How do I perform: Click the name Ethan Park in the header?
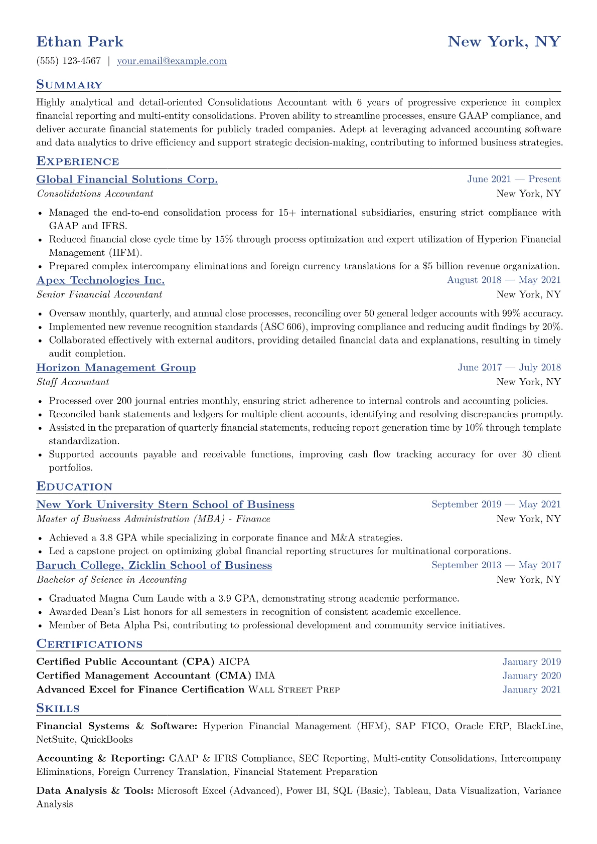(x=80, y=42)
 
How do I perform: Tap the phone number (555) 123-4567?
(x=69, y=61)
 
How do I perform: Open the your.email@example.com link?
(x=172, y=61)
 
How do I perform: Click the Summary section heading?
(x=69, y=85)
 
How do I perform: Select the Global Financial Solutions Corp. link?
(x=127, y=180)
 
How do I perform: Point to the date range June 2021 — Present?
(x=514, y=180)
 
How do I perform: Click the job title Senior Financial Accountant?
(x=99, y=294)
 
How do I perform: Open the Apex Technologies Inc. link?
(x=100, y=280)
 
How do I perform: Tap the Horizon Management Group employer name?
(x=116, y=368)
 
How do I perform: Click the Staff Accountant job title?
(x=73, y=382)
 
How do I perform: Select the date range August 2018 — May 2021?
(x=504, y=280)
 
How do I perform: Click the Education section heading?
(x=74, y=487)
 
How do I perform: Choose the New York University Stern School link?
(x=165, y=505)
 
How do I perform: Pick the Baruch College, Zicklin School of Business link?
(x=154, y=566)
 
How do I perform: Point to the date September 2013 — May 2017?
(x=496, y=566)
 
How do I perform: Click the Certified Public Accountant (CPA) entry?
(x=125, y=662)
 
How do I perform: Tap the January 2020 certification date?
(x=531, y=676)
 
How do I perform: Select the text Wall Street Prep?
(x=294, y=690)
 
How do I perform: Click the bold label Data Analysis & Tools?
(x=95, y=791)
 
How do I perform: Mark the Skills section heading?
(x=58, y=709)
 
